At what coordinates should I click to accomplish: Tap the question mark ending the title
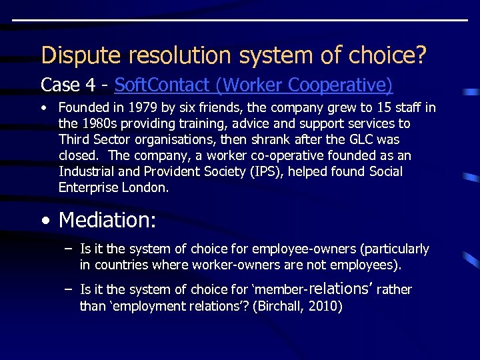tap(419, 55)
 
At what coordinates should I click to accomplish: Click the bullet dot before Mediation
tap(44, 219)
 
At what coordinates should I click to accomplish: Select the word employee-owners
tap(279, 249)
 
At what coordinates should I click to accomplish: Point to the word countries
tap(119, 265)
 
